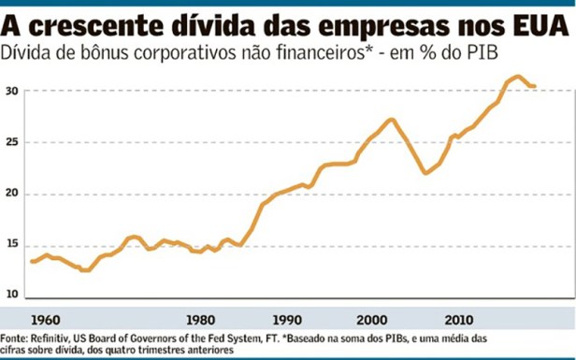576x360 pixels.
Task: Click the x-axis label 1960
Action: point(44,316)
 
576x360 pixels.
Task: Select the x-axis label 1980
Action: point(202,316)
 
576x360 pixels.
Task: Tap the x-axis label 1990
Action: point(286,316)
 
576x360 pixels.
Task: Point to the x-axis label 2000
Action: point(371,316)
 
